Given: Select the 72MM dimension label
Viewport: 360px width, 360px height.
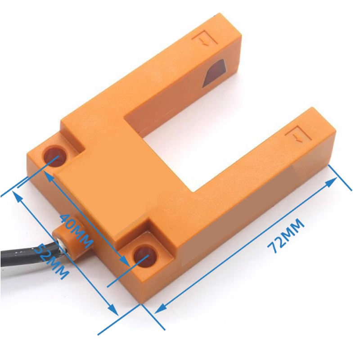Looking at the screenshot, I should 284,238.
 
